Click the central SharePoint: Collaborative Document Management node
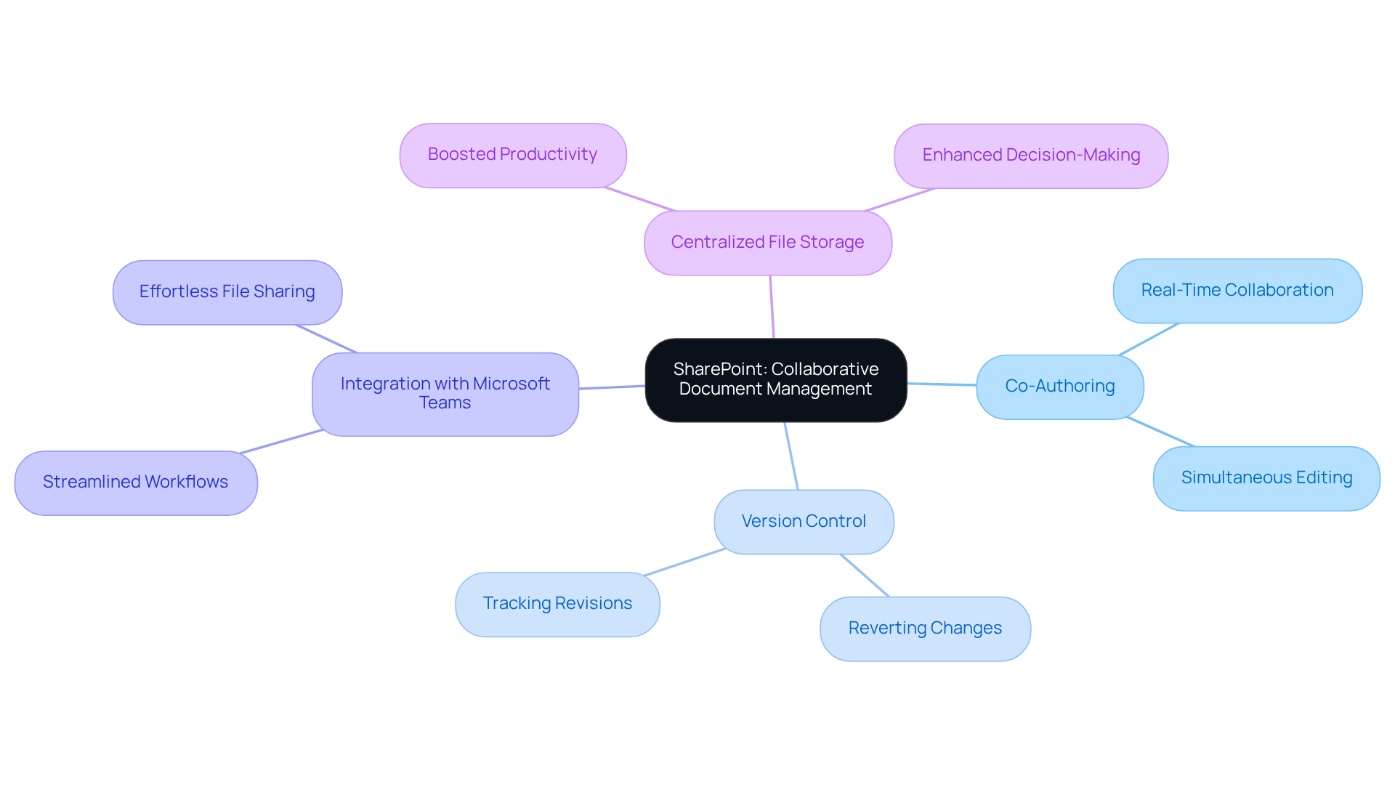point(775,379)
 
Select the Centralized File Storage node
point(767,243)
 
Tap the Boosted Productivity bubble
point(512,155)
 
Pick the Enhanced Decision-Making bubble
point(1030,156)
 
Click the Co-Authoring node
point(1059,387)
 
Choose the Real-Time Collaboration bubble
point(1237,291)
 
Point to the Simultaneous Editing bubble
point(1266,478)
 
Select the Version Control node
point(804,522)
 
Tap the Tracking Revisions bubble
point(557,604)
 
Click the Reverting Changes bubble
point(925,629)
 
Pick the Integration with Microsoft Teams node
point(445,394)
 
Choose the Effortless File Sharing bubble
point(227,292)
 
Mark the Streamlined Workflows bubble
point(136,483)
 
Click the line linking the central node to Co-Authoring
point(942,384)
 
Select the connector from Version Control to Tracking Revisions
point(685,562)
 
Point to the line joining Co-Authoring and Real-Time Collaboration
point(1149,339)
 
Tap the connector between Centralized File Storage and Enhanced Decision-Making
point(899,200)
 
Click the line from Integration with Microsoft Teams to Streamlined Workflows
point(282,441)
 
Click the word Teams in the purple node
point(445,403)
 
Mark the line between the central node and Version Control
point(791,456)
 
